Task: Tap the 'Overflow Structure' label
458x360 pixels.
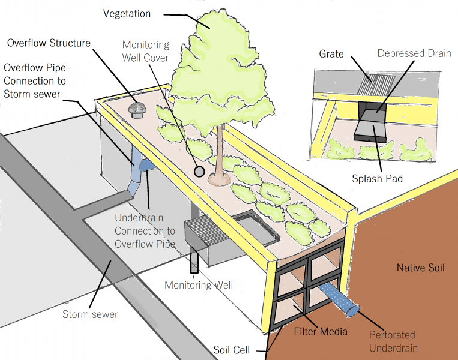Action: [x=49, y=43]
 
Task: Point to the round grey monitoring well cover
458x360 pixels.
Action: [x=199, y=172]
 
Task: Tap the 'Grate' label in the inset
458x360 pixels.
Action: [x=331, y=54]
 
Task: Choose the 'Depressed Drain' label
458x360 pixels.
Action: [x=414, y=53]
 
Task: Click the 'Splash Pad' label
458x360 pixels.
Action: [x=377, y=179]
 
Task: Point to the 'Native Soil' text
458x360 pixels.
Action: [x=420, y=268]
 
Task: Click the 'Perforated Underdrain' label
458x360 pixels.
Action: [x=391, y=341]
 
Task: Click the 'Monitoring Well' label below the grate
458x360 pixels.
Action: [x=198, y=285]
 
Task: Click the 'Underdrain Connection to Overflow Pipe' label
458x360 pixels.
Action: [x=145, y=231]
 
